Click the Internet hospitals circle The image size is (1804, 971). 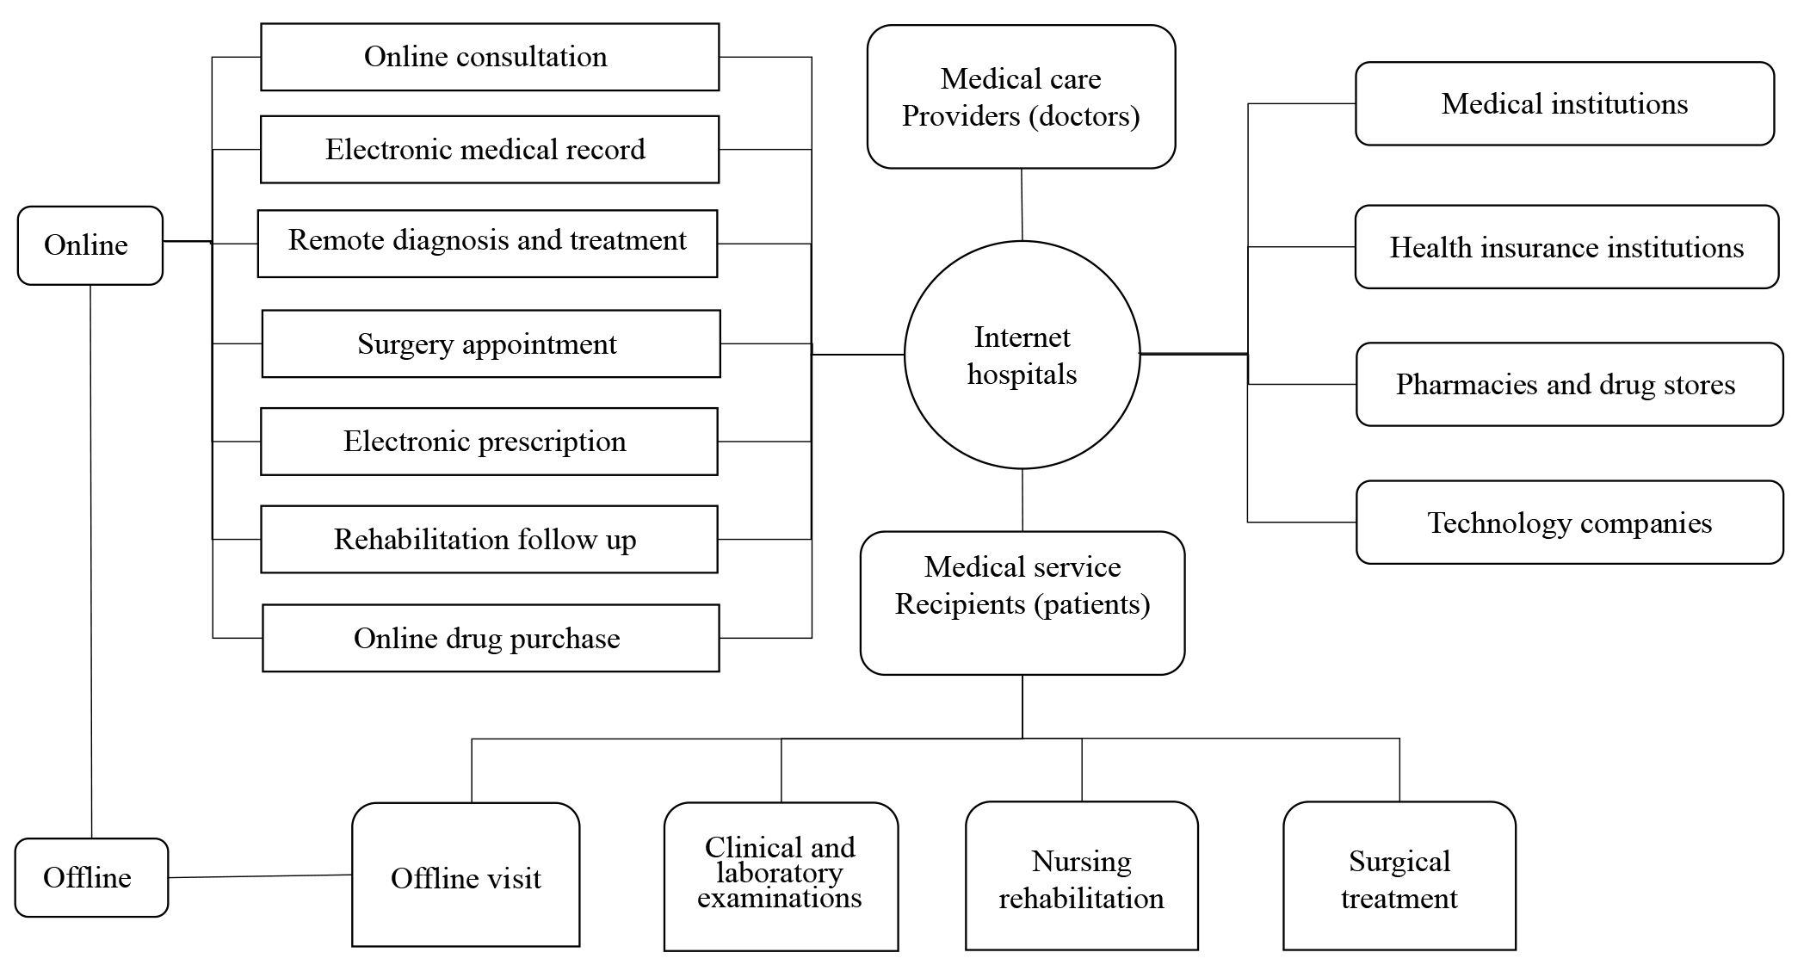pos(1022,356)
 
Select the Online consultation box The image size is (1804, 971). pos(489,57)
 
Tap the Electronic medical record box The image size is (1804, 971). pos(489,150)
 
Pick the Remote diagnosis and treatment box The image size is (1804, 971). pos(487,243)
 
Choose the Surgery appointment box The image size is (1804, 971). pos(491,343)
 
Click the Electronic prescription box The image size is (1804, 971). pos(489,442)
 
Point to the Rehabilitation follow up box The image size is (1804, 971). pos(489,540)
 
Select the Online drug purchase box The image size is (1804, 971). pos(491,638)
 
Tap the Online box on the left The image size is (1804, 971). pos(90,245)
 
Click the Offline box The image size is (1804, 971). pos(91,877)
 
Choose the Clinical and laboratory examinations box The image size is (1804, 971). pos(781,875)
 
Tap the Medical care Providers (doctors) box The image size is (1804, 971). pos(1021,96)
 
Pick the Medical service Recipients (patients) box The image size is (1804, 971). pos(1022,603)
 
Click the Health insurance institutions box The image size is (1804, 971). pos(1566,247)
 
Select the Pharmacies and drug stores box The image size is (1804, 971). pos(1569,384)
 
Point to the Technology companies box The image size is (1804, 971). pos(1569,523)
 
